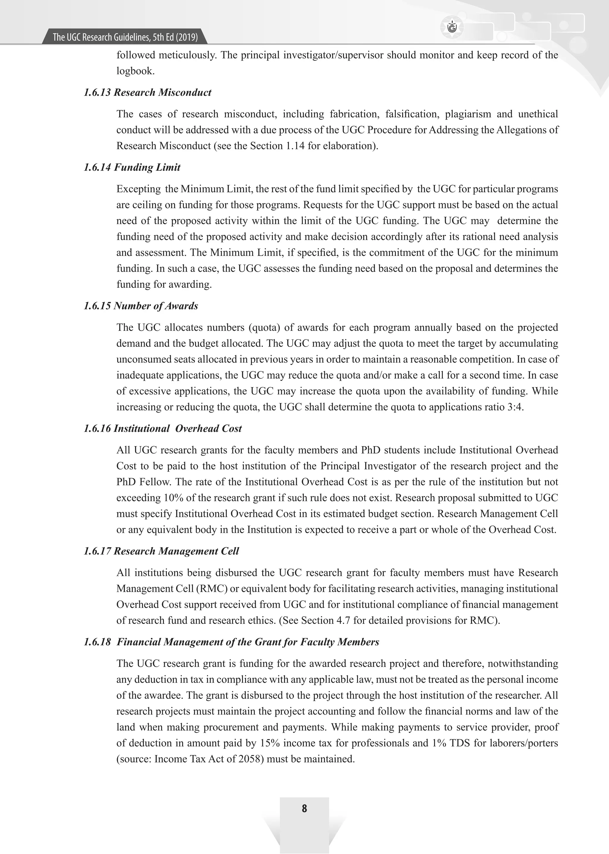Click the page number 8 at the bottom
[304, 809]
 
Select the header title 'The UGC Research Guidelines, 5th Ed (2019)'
[125, 37]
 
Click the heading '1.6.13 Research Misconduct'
[147, 93]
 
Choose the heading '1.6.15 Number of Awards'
[141, 306]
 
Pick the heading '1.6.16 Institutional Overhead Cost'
[163, 429]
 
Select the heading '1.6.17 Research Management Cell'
[161, 551]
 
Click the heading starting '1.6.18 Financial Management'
[231, 642]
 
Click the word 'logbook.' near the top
[135, 71]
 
